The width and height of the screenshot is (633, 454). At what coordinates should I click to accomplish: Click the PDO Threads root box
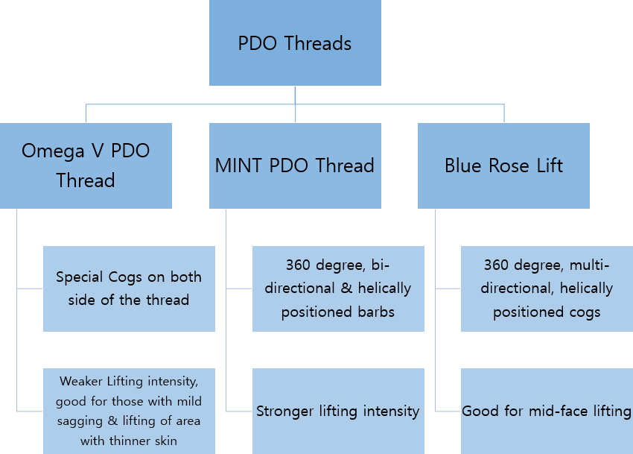(x=295, y=42)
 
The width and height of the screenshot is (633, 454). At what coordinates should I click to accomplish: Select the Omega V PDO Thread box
(x=86, y=165)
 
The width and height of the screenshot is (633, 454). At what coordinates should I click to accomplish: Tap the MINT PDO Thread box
(x=295, y=165)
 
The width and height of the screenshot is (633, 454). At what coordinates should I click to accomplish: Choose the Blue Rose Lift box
(x=504, y=165)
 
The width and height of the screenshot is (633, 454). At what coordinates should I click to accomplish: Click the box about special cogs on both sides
(x=129, y=289)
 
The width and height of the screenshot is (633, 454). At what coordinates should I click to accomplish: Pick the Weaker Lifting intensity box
(x=129, y=411)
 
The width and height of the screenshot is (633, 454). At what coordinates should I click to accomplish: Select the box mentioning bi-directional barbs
(x=338, y=289)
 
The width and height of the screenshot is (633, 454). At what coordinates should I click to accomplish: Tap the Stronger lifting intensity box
(x=338, y=411)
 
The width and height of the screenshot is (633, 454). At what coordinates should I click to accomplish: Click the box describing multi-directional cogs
(x=547, y=289)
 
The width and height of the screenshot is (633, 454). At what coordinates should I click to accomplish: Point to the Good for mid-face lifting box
(x=547, y=411)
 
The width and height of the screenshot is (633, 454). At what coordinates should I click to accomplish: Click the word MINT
(x=238, y=165)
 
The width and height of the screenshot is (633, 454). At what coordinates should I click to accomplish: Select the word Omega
(x=53, y=151)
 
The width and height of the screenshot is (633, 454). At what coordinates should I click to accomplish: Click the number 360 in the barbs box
(x=298, y=265)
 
